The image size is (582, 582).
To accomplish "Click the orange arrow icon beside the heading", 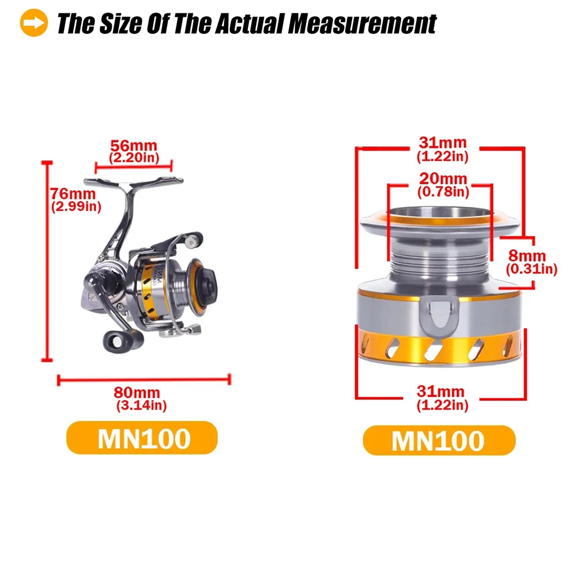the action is tap(34, 23).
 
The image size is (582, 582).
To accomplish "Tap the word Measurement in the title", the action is tap(362, 24).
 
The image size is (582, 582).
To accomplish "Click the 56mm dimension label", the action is tap(134, 145).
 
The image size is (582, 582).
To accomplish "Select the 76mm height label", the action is tap(73, 194).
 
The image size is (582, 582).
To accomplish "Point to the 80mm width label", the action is tap(137, 392).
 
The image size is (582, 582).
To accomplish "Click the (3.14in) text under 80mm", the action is tap(141, 405).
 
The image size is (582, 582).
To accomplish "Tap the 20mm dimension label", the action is tap(443, 179).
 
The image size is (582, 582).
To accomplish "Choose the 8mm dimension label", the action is tap(527, 255).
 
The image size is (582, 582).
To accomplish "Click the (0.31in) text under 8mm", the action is tap(532, 269).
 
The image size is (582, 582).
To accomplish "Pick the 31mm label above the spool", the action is tap(442, 143).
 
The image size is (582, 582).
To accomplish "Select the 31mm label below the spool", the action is tap(440, 391).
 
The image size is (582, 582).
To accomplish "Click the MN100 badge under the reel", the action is tap(142, 438).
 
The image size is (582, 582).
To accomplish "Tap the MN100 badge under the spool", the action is tap(439, 441).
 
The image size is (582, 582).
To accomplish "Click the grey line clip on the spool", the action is tap(439, 315).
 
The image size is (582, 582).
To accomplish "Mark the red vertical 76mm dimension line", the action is tap(47, 261).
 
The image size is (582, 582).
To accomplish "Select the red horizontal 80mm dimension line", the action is tap(144, 379).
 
